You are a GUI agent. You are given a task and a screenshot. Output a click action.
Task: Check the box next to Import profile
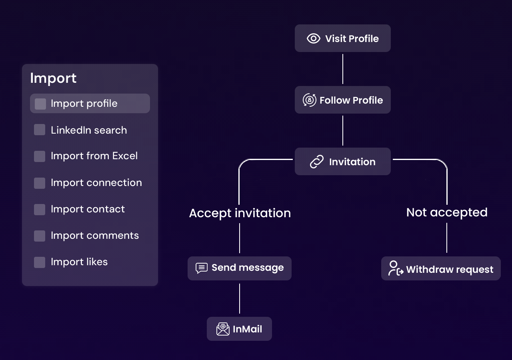(x=40, y=104)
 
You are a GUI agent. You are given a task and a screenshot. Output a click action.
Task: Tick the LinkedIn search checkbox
(x=40, y=130)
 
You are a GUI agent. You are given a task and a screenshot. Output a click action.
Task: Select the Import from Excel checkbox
(x=40, y=156)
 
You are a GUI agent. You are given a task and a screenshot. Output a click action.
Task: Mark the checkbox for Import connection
(x=40, y=183)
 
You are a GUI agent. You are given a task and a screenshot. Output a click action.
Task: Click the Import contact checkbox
(x=40, y=209)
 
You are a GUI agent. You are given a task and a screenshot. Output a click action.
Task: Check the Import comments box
(x=40, y=236)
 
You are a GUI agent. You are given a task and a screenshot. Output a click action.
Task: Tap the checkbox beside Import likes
(x=40, y=262)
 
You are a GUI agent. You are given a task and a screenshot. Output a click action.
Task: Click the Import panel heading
(x=53, y=78)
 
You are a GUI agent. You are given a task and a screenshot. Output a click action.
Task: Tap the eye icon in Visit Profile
(x=314, y=38)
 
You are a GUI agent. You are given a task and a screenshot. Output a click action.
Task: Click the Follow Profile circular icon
(x=309, y=100)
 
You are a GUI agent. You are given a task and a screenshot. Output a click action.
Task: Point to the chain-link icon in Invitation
(x=317, y=162)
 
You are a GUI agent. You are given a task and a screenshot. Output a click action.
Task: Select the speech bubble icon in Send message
(x=202, y=268)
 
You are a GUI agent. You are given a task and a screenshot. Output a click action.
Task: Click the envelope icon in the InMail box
(x=223, y=329)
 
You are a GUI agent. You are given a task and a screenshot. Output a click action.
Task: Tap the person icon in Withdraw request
(x=395, y=268)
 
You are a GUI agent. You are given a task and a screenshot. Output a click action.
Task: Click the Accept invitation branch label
(x=240, y=213)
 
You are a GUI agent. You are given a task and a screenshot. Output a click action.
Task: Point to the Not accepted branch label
(x=447, y=212)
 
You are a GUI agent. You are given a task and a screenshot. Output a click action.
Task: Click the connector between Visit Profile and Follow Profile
(x=343, y=69)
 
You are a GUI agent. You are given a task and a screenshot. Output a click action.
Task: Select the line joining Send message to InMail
(x=240, y=298)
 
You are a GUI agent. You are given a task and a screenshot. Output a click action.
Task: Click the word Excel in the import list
(x=125, y=156)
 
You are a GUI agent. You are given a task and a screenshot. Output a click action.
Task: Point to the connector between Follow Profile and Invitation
(x=343, y=130)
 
